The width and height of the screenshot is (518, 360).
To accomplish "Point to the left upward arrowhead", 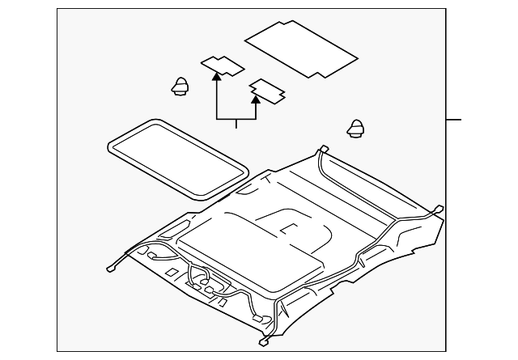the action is pos(216,77).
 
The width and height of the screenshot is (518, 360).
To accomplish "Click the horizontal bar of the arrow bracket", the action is pos(236,119).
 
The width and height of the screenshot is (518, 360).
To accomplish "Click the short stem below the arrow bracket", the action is pos(236,124).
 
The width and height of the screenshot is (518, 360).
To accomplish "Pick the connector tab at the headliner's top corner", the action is pos(322,149).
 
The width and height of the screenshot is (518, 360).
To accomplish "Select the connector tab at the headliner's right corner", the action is pos(438,209).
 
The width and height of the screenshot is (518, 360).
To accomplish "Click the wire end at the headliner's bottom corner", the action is pos(265,341).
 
